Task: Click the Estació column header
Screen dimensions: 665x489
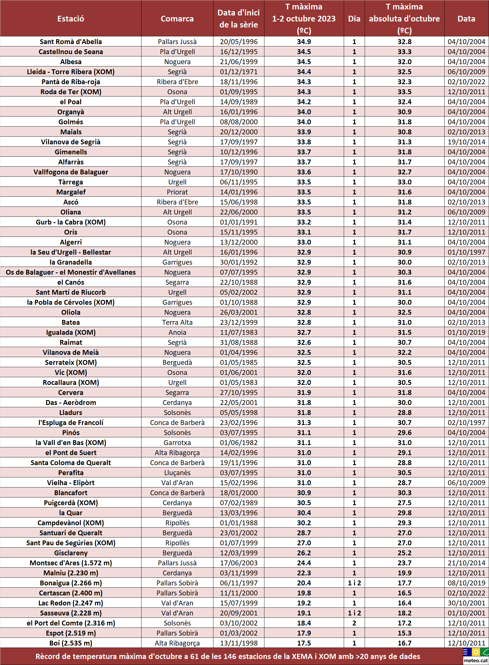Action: [x=71, y=19]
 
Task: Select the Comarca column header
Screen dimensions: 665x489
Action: [x=177, y=19]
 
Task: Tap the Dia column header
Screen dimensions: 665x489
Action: [x=354, y=19]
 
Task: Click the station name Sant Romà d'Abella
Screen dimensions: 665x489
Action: [x=71, y=42]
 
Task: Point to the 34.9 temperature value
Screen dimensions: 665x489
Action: [x=304, y=42]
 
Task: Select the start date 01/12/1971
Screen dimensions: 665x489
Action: [x=239, y=72]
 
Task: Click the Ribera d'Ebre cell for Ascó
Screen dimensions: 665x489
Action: [x=177, y=202]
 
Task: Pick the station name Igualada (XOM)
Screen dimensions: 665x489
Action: [x=71, y=332]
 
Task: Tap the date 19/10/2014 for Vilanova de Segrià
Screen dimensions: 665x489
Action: [x=466, y=142]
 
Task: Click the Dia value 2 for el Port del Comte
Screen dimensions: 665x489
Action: [x=354, y=623]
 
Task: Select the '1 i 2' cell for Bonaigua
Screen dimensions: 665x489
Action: [x=354, y=583]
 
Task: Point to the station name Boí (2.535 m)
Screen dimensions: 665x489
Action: [x=71, y=643]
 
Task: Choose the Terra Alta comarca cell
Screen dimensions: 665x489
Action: [x=177, y=322]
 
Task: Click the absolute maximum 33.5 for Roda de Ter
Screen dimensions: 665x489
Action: [x=404, y=92]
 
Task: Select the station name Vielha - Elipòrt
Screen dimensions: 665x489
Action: [x=71, y=483]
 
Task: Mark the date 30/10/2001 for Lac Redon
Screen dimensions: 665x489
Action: [x=466, y=603]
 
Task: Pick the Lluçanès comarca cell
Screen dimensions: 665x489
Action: [x=177, y=473]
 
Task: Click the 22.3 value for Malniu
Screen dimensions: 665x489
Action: [x=304, y=573]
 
